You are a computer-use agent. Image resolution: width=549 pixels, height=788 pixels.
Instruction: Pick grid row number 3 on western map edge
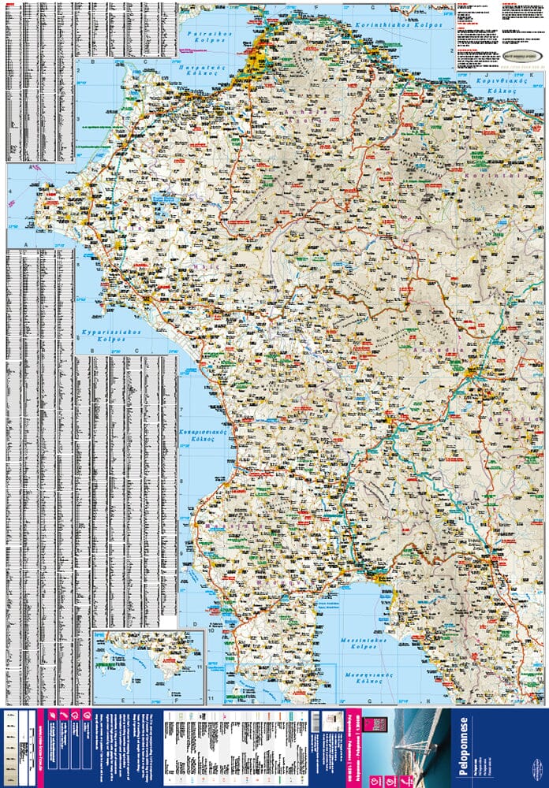(x=78, y=119)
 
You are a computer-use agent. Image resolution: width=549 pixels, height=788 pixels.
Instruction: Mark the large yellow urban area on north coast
(x=256, y=60)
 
